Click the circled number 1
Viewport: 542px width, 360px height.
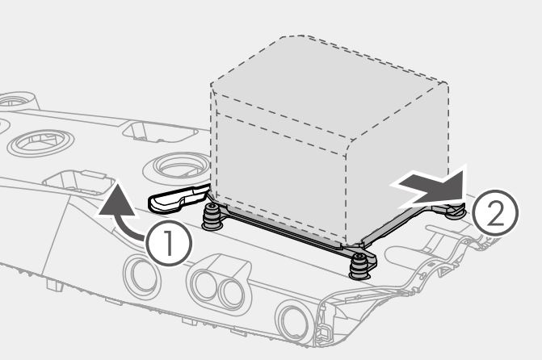point(169,243)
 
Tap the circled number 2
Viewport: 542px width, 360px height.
point(495,212)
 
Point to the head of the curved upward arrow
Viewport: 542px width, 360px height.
point(116,199)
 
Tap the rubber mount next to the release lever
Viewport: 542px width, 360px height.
point(212,216)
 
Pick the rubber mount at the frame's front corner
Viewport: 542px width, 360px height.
point(359,266)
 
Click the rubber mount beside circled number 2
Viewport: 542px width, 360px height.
point(456,210)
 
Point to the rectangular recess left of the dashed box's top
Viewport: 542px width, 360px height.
point(160,131)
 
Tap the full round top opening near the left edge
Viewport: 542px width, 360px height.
point(40,142)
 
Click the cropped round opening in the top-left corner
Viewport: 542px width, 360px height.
point(15,101)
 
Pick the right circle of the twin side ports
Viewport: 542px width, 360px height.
point(231,293)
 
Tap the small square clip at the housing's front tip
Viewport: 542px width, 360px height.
point(324,332)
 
